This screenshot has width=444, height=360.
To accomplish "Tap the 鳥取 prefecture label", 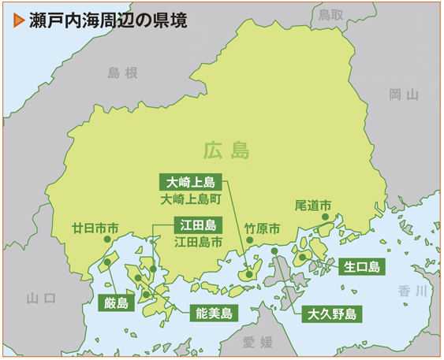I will [x=330, y=15].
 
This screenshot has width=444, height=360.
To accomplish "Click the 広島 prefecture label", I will [x=226, y=149].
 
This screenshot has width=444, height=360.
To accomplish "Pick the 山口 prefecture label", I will [x=41, y=298].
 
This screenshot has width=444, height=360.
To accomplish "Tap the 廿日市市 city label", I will [x=95, y=228].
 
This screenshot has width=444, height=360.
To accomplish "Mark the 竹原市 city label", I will [x=262, y=228].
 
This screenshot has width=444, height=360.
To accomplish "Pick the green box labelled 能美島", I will [x=215, y=314].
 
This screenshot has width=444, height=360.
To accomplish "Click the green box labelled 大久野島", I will [x=331, y=314].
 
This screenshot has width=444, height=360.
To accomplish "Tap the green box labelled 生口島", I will [x=362, y=266].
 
